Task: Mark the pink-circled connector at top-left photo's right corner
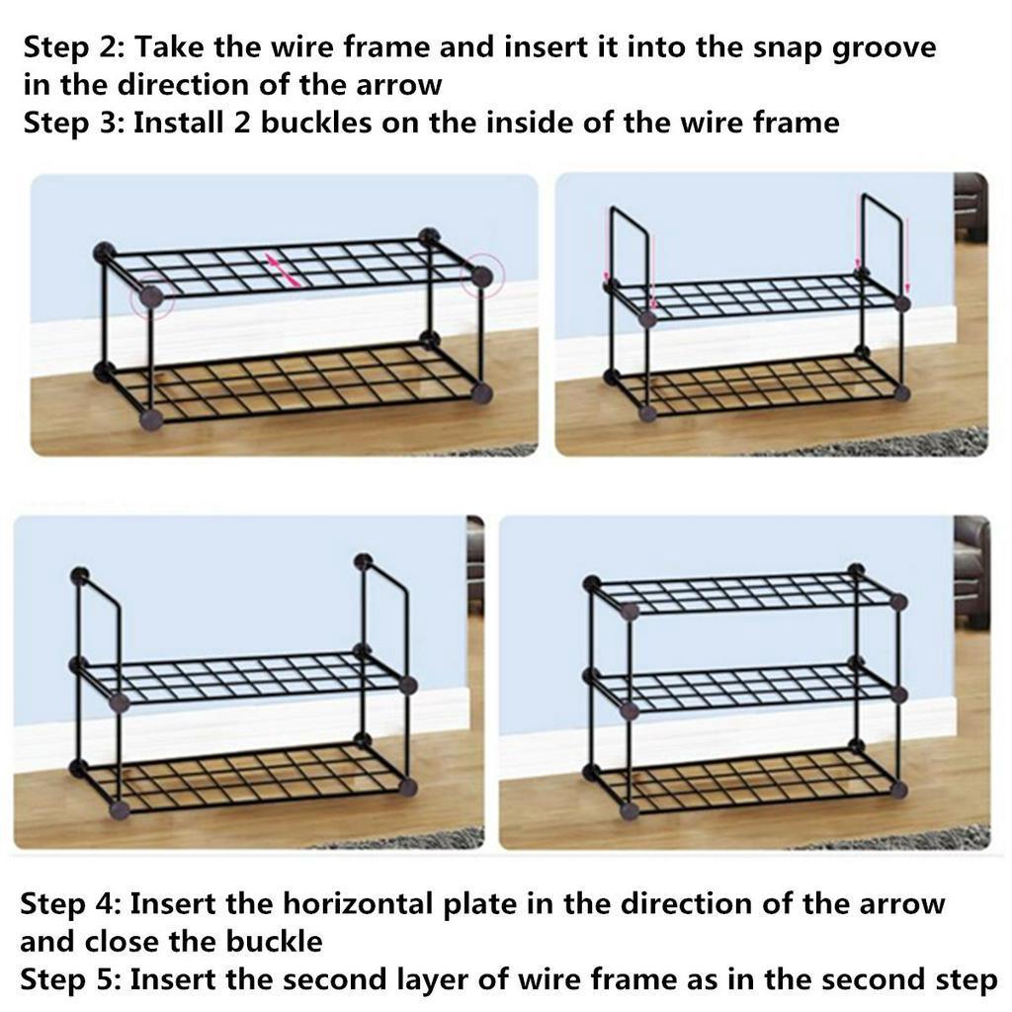(x=480, y=276)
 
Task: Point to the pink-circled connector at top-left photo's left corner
(x=150, y=295)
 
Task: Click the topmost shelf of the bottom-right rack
(x=746, y=592)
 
